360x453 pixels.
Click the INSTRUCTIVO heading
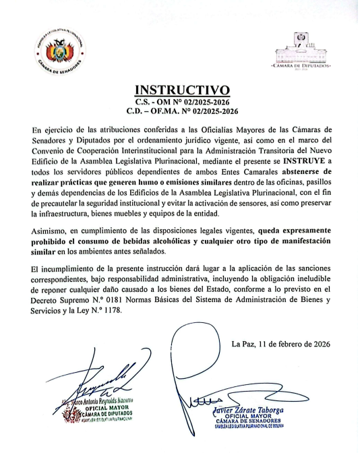coord(183,90)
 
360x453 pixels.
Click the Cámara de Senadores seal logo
coord(59,53)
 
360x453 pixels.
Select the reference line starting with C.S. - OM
coord(183,100)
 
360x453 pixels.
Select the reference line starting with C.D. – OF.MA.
coord(183,109)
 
